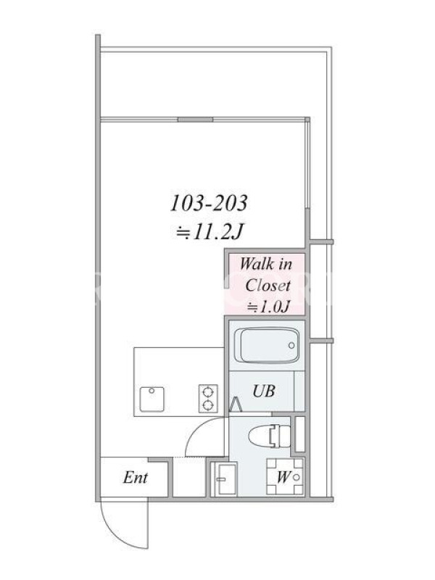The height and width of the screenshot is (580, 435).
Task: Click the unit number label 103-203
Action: [209, 203]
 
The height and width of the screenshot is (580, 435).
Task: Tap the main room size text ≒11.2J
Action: [209, 232]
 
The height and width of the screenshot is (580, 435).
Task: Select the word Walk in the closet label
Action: [256, 264]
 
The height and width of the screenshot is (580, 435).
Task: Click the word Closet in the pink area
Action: [268, 285]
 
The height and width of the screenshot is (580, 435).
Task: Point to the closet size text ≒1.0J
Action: [268, 307]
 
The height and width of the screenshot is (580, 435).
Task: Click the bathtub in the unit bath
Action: [269, 345]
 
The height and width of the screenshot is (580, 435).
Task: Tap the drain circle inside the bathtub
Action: [291, 345]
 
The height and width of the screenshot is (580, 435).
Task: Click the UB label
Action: [264, 391]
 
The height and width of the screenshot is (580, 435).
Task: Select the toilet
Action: [269, 436]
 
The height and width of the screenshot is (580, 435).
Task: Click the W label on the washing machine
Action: [283, 477]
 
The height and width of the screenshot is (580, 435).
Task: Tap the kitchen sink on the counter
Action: [152, 399]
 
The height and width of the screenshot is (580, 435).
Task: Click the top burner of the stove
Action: [208, 391]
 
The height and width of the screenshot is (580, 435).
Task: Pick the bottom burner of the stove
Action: [208, 405]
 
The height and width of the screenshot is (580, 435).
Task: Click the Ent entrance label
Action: [136, 477]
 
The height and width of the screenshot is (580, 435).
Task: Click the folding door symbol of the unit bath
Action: [236, 404]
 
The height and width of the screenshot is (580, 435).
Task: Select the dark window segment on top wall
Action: [195, 119]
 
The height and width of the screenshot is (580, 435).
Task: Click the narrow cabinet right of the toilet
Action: [300, 434]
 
